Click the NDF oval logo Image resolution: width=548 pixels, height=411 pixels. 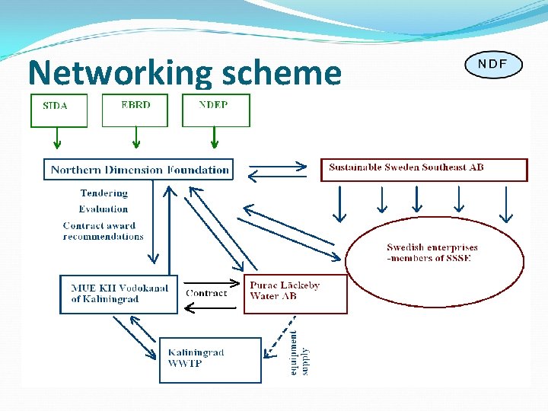click(x=493, y=64)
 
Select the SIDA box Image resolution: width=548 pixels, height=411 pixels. click(x=59, y=110)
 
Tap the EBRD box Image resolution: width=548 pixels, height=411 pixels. click(x=135, y=110)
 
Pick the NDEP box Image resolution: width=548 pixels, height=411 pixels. click(x=215, y=110)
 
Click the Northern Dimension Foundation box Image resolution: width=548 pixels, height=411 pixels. click(x=139, y=169)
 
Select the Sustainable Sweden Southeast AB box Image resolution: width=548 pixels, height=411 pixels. click(x=423, y=169)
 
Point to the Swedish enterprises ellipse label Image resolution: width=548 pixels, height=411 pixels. click(x=432, y=253)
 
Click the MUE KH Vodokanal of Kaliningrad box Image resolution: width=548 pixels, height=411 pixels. click(x=119, y=294)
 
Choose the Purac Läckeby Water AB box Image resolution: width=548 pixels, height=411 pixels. click(x=295, y=294)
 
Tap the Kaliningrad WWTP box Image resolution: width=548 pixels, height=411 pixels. click(x=209, y=360)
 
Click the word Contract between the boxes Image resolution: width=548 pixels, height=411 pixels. click(x=206, y=293)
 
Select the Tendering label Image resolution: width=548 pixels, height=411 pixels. click(x=104, y=193)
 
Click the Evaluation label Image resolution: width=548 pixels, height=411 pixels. click(x=104, y=209)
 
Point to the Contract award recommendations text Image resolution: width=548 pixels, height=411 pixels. click(x=104, y=231)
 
